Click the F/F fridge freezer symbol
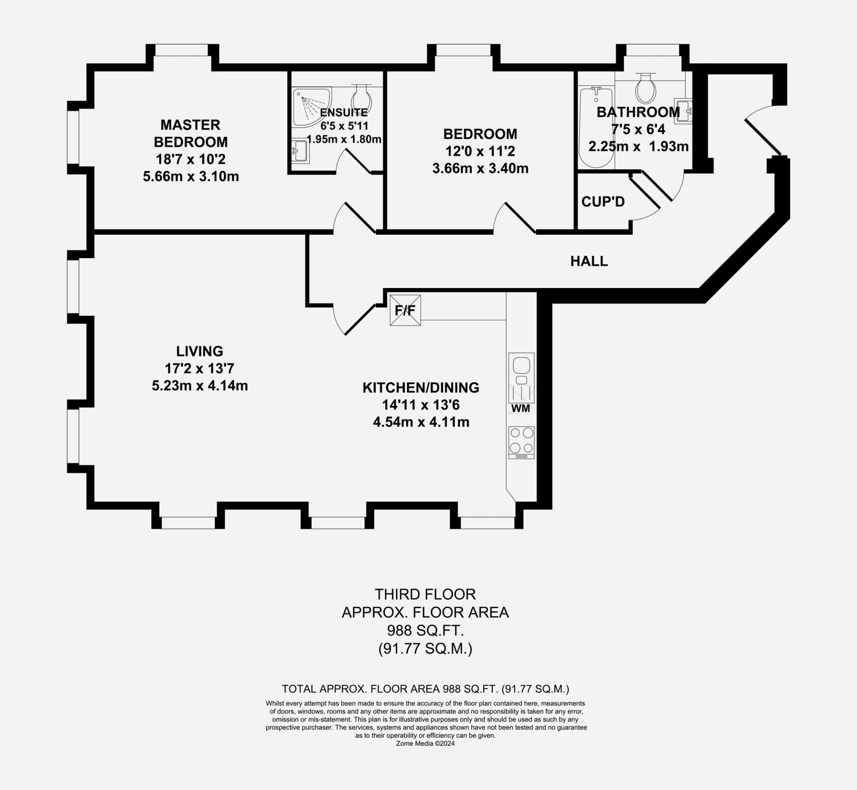click(405, 310)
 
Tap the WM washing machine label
click(520, 408)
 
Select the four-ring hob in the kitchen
click(521, 443)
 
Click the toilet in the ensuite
click(362, 95)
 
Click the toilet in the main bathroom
click(645, 88)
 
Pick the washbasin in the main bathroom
click(683, 111)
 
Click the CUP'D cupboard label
click(603, 202)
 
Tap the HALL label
click(589, 261)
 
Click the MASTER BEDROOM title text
click(191, 133)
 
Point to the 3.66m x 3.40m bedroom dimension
click(480, 168)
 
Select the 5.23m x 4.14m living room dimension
click(200, 385)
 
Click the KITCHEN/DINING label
click(421, 388)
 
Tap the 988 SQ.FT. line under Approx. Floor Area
click(425, 630)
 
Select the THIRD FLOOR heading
click(425, 594)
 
